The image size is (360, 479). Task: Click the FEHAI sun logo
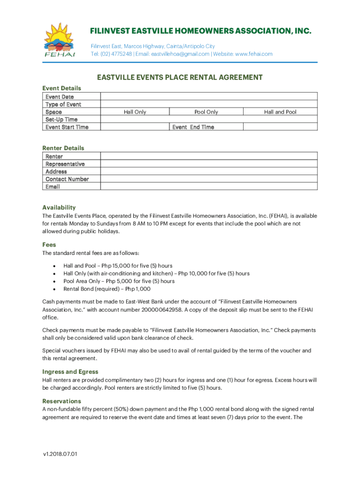(60, 40)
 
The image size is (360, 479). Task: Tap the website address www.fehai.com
(253, 54)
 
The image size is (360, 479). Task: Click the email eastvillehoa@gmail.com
(180, 54)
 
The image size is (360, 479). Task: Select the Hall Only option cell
(135, 112)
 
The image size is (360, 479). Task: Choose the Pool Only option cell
(206, 112)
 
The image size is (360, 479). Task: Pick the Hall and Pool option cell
(280, 112)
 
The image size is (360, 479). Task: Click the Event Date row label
(59, 97)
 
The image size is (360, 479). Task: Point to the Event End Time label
(193, 127)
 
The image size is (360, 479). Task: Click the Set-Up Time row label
(61, 120)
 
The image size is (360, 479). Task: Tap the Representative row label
(65, 164)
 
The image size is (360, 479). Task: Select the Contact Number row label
(67, 179)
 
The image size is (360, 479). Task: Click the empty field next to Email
(209, 187)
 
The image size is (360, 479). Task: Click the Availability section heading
(59, 207)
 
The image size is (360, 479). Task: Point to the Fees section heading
(49, 245)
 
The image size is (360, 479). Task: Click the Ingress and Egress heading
(70, 372)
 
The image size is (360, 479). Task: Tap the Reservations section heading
(62, 401)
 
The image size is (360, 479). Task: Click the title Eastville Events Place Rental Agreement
(180, 78)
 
